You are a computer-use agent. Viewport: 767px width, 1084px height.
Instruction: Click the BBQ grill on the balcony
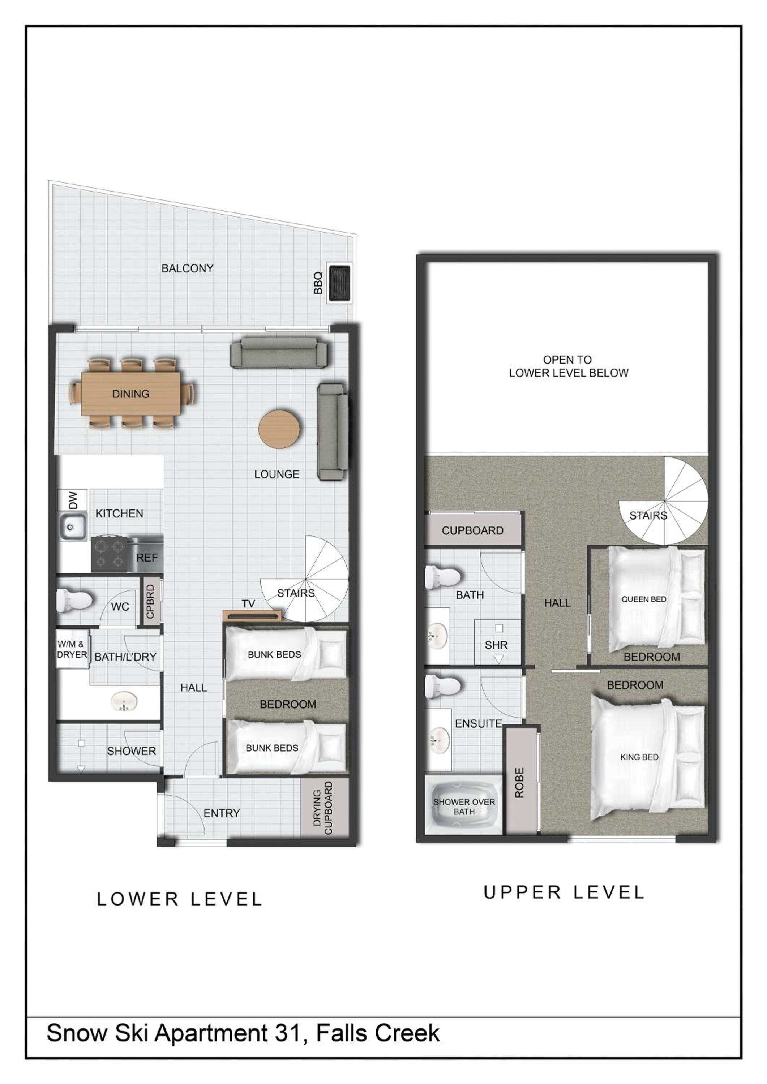tap(339, 283)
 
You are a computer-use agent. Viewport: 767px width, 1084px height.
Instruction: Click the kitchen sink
tap(72, 526)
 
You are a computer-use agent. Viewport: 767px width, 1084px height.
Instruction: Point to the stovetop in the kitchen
tap(109, 554)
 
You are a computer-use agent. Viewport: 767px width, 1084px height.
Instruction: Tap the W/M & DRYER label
tap(72, 649)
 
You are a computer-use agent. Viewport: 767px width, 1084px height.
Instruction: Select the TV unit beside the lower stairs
tap(252, 616)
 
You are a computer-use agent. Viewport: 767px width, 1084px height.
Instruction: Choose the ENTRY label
tap(222, 813)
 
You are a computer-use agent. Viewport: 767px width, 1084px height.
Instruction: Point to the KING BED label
tap(639, 757)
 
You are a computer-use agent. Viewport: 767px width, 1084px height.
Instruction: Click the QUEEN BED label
tap(644, 599)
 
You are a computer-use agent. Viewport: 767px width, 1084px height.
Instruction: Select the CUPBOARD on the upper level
tap(472, 530)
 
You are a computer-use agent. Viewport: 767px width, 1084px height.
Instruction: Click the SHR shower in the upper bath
tap(497, 642)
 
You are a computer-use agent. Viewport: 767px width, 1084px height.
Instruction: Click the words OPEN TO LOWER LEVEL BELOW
tap(568, 366)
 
